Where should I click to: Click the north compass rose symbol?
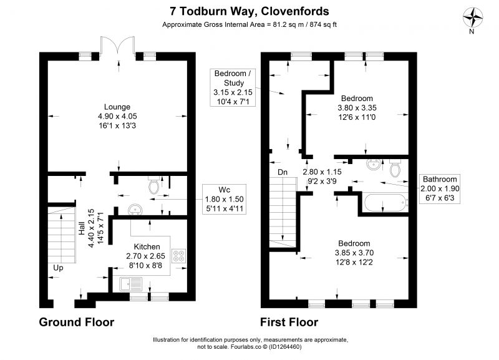[473, 17]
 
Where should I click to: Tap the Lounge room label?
[117, 107]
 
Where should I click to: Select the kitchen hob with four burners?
[179, 256]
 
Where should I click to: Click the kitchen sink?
[131, 285]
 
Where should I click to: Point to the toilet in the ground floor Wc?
[154, 185]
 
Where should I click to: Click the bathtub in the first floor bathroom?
[385, 203]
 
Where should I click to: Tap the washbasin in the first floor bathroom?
[372, 164]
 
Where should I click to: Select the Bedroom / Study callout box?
[233, 87]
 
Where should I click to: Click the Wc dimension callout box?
[225, 199]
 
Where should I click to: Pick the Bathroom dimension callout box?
[440, 188]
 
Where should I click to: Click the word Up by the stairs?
[58, 268]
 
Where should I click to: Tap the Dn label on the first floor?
[283, 172]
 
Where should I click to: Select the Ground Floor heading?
[76, 322]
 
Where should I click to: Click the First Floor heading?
[289, 322]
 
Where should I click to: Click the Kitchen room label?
[147, 246]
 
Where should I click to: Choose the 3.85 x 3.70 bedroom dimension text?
[354, 253]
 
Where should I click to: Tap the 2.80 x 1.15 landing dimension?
[322, 172]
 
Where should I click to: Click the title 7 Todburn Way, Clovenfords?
[249, 11]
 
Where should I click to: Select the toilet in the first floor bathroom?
[395, 168]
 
